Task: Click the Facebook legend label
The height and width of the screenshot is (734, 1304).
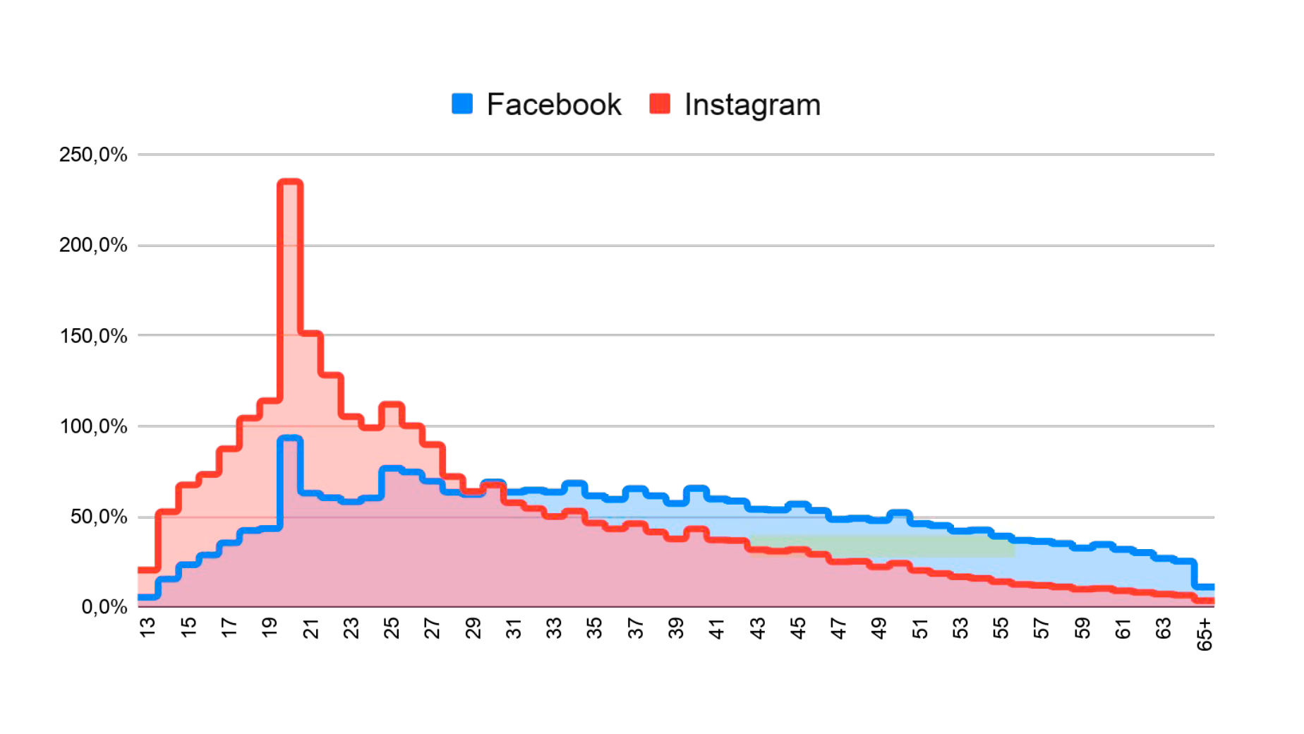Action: coord(554,104)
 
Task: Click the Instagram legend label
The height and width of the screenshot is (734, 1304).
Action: coord(752,104)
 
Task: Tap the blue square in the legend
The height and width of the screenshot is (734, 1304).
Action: coord(462,104)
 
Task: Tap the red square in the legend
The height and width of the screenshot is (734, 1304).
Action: coord(660,104)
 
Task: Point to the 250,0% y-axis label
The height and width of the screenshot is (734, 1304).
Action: coord(93,155)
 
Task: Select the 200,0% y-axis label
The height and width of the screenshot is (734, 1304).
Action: coord(93,245)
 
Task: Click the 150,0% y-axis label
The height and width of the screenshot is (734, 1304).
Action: coord(93,336)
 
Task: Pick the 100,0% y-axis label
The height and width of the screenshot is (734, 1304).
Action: coord(93,426)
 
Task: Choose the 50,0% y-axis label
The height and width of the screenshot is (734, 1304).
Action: coord(99,517)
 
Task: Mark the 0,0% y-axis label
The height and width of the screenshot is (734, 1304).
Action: coord(104,607)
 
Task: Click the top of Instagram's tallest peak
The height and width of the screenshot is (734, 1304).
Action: coord(291,182)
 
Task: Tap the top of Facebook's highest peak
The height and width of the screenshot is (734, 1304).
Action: coord(291,438)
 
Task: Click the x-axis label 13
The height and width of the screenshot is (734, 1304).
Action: coord(147,627)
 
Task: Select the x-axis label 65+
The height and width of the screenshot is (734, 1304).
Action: coord(1204,634)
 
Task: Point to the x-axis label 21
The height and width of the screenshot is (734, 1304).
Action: coord(310,627)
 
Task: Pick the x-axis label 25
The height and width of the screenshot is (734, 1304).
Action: coord(392,627)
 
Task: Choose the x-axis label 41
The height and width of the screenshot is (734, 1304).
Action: coord(717,627)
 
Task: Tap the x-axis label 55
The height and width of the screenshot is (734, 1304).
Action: coord(1001,627)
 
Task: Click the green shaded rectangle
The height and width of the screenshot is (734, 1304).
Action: coord(882,546)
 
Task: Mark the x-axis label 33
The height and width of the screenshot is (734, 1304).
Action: coord(555,627)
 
